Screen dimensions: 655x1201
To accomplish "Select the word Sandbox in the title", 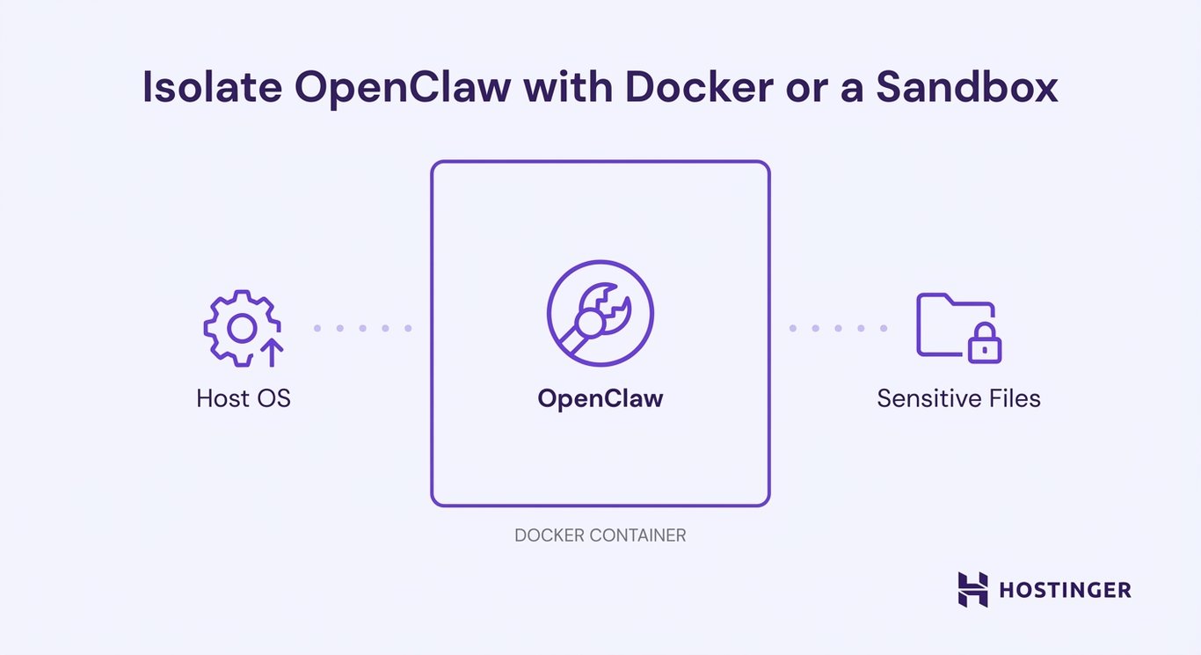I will coord(967,90).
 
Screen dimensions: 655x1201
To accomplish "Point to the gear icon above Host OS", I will coord(241,327).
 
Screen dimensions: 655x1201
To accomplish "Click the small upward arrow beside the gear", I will coord(273,353).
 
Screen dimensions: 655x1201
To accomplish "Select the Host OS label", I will coord(244,398).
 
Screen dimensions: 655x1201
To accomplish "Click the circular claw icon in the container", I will coord(600,313).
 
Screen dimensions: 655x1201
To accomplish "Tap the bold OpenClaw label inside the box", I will coord(600,398).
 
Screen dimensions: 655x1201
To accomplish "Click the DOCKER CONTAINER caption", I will coord(600,535).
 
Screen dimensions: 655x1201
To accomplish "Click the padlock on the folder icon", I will coord(985,346).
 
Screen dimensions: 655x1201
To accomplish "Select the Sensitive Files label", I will coord(958,398).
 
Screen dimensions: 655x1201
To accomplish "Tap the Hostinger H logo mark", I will coord(972,589).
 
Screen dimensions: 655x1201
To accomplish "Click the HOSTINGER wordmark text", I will coord(1065,590).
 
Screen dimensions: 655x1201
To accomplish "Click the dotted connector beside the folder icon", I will coord(838,328).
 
